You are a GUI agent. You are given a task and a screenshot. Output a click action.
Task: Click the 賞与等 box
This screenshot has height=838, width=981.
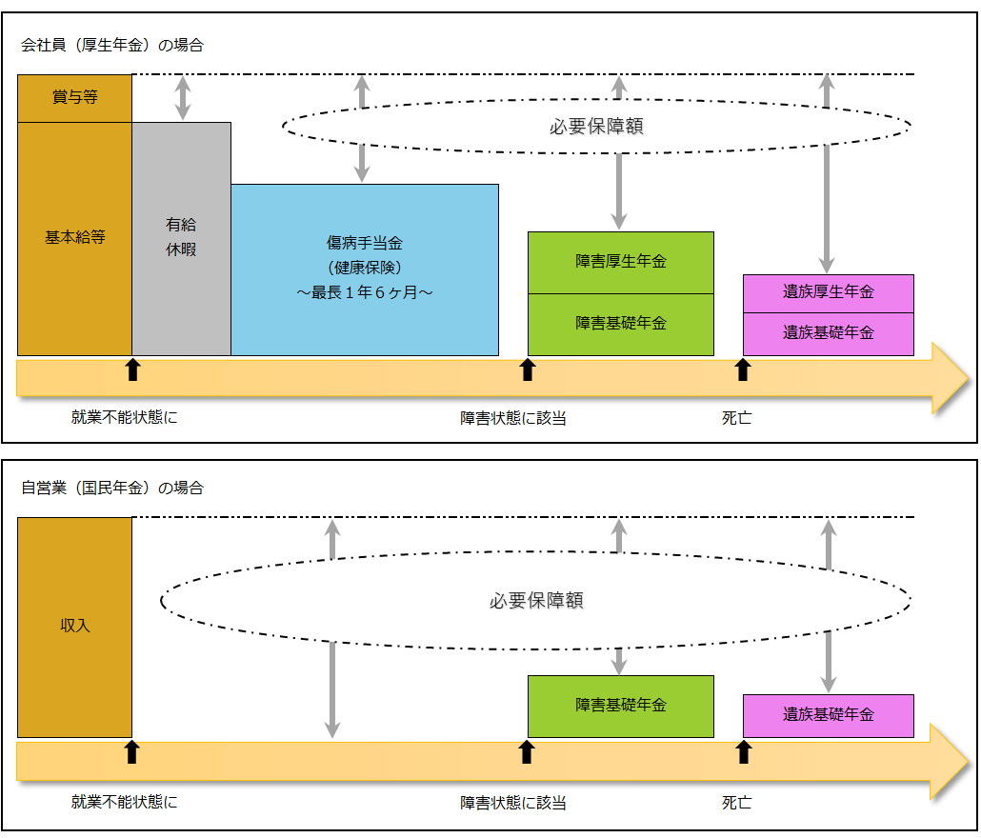click(x=74, y=98)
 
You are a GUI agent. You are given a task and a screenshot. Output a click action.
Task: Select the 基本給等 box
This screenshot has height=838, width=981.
click(x=74, y=238)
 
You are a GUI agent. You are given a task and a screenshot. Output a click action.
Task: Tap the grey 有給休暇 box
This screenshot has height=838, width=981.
click(x=181, y=238)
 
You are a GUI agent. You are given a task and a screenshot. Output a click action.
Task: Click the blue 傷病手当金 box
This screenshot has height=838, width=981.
click(x=364, y=269)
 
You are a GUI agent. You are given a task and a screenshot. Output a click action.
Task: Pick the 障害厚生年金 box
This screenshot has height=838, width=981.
click(x=620, y=262)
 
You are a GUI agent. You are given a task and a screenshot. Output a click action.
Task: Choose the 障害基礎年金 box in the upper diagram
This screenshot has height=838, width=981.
click(x=620, y=324)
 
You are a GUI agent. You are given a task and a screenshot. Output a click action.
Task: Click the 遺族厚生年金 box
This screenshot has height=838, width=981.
click(x=828, y=292)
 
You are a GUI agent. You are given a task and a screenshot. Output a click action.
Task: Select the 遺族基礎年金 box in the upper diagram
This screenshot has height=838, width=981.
click(x=828, y=333)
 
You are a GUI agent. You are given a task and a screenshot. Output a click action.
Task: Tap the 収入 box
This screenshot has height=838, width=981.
click(x=74, y=627)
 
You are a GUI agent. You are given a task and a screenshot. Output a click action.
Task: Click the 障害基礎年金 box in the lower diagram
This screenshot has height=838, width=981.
click(x=620, y=706)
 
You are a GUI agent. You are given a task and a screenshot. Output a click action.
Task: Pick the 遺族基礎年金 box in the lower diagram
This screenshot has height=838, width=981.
click(x=828, y=715)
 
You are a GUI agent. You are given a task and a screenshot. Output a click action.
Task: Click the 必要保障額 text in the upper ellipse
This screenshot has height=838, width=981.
click(x=596, y=126)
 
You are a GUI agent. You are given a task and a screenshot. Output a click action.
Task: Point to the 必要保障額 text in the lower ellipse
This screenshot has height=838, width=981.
click(x=536, y=601)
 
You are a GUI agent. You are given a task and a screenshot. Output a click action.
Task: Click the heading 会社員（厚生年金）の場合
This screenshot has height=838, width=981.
click(x=112, y=45)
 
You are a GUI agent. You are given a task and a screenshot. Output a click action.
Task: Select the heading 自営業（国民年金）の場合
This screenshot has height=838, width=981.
click(x=112, y=489)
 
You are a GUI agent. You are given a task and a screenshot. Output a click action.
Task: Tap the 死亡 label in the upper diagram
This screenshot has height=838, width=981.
click(x=736, y=418)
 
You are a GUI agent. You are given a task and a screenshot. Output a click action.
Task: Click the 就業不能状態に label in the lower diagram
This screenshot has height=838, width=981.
click(x=124, y=802)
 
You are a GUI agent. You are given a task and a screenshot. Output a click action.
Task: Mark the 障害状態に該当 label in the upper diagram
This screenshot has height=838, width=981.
click(x=513, y=418)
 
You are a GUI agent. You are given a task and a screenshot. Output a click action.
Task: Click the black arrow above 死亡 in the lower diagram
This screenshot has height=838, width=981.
click(x=744, y=752)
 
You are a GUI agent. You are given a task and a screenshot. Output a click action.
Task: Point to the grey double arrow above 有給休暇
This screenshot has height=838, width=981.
click(x=182, y=98)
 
